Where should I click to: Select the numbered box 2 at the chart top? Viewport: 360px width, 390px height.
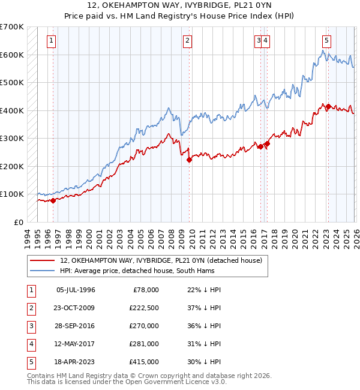coord(188,41)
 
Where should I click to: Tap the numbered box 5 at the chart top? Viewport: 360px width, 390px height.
coord(326,41)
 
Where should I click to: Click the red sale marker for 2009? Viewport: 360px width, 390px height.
coord(189,160)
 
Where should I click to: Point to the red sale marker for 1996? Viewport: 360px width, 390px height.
coord(53,200)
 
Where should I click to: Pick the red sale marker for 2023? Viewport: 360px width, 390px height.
coord(328,106)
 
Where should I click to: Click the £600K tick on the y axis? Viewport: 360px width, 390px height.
coord(12,55)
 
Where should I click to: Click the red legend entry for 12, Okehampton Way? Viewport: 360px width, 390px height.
coord(161,260)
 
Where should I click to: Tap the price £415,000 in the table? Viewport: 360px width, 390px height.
coord(144,362)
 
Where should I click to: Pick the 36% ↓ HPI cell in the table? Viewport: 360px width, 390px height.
coord(204,326)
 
